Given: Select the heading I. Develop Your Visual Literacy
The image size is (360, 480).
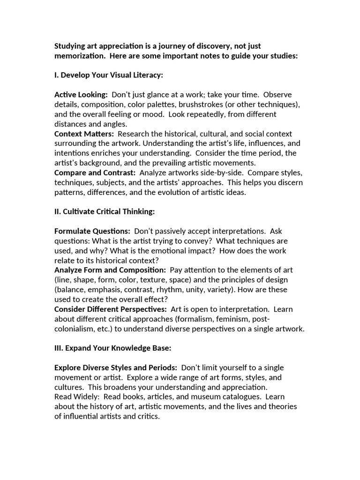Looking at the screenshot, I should coord(109,75).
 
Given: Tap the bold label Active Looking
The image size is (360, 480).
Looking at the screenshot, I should coord(81,95).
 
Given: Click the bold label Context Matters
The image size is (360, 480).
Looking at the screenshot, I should coord(84,134).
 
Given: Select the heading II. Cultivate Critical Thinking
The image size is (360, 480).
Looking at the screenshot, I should coord(105,211).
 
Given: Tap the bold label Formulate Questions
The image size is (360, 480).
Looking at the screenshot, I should coord(92,231).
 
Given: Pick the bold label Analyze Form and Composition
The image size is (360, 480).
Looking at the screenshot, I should coord(110,270).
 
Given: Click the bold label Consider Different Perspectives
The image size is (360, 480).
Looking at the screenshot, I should coord(111,309).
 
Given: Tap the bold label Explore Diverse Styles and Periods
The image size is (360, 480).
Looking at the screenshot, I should coord(116,368).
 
